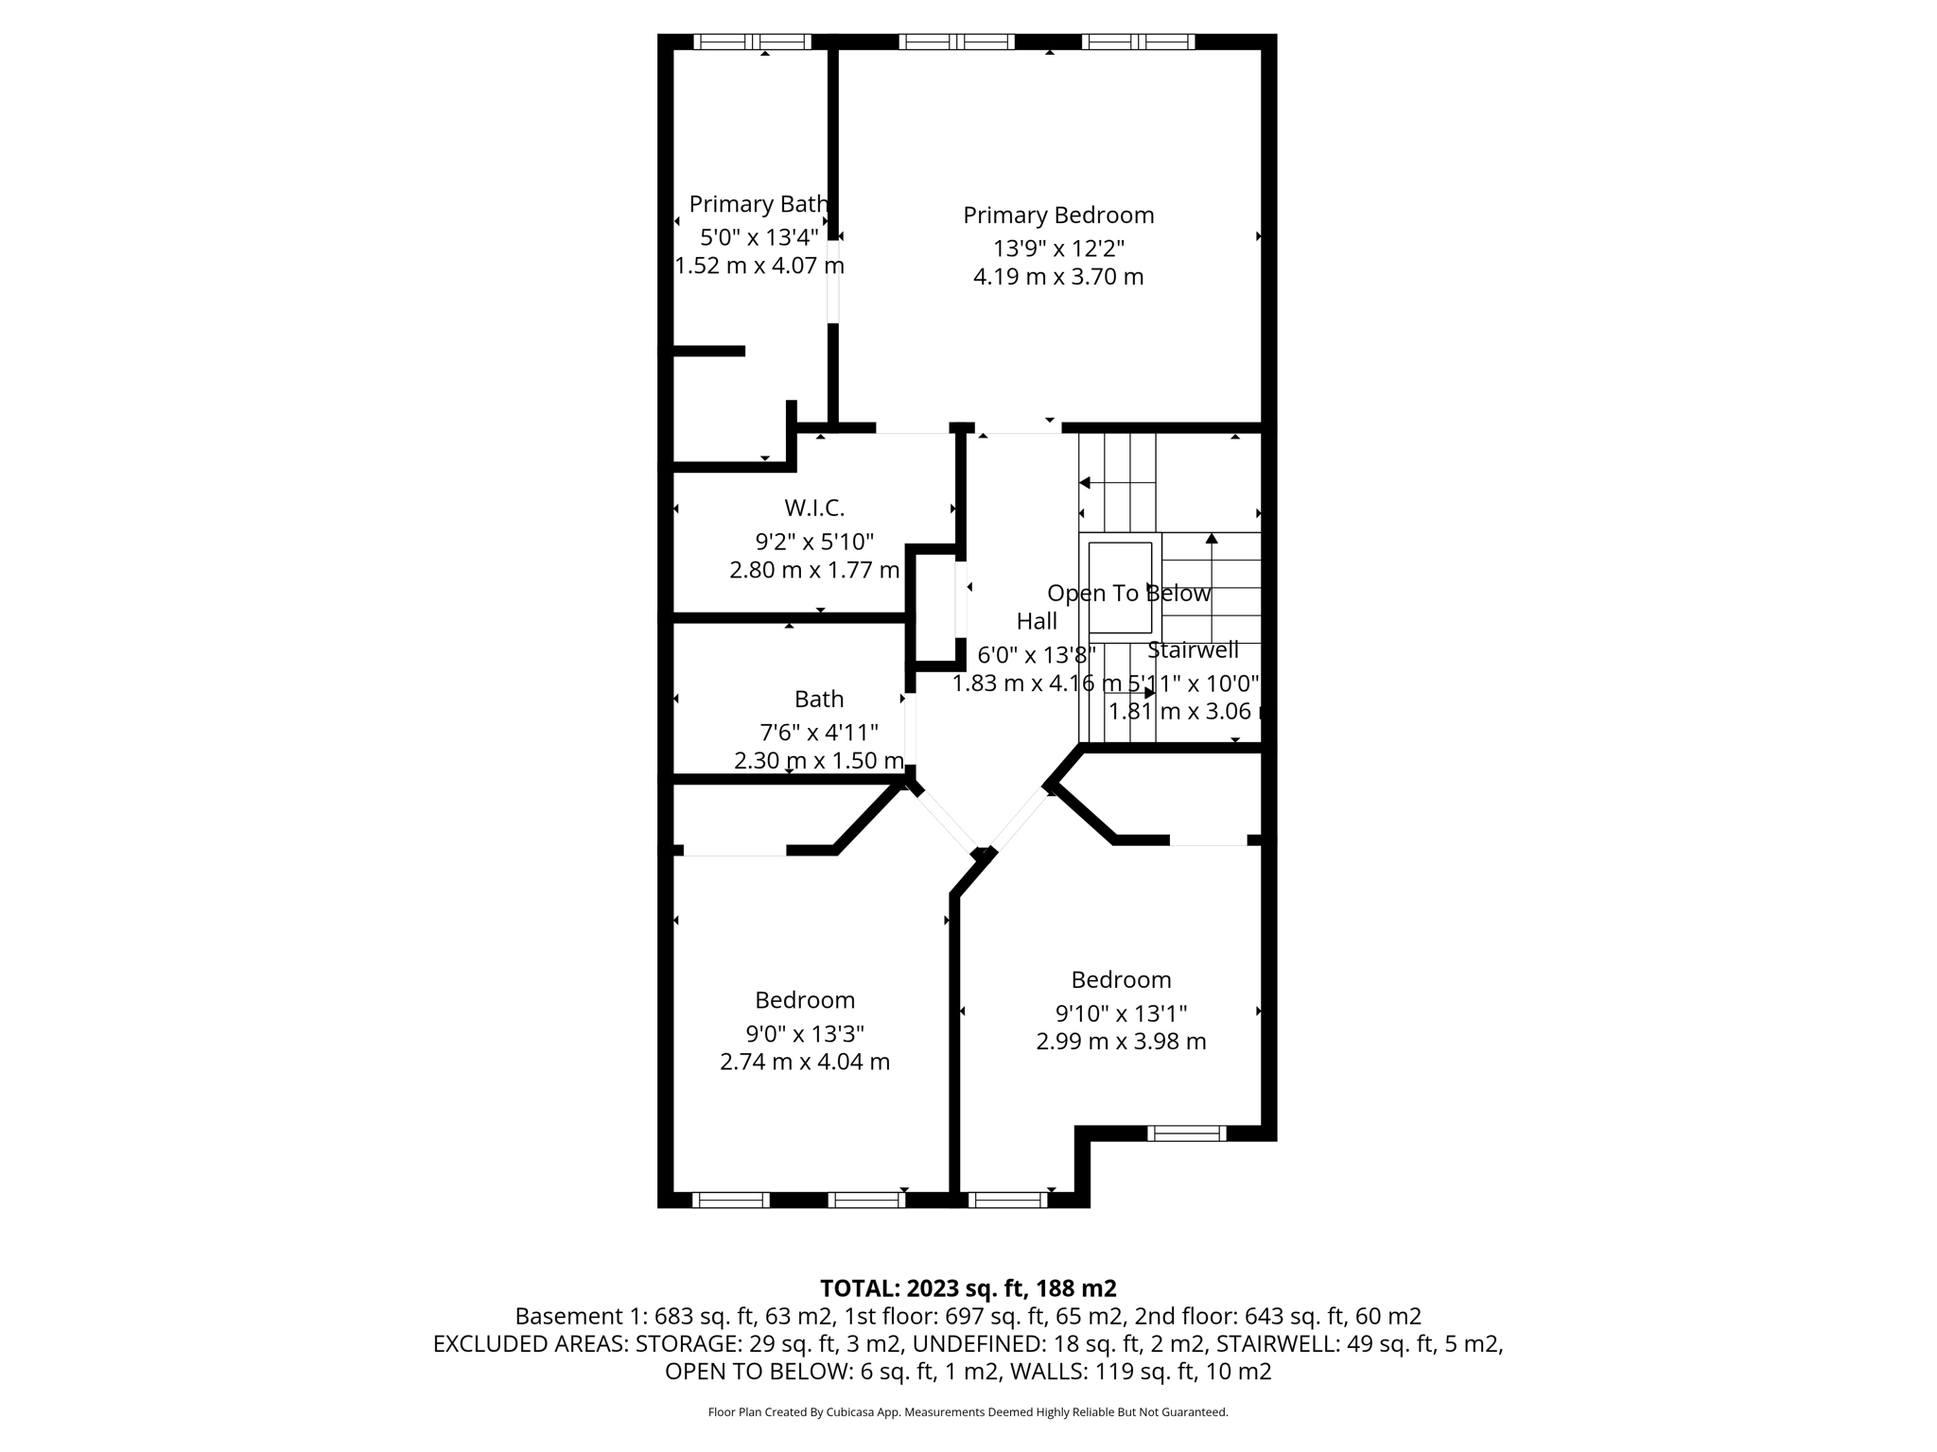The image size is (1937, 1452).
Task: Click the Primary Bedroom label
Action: [x=1058, y=216]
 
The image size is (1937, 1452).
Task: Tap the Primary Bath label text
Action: [x=759, y=204]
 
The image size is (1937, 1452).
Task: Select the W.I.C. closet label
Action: [x=814, y=509]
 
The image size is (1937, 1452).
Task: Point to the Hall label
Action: [x=1037, y=622]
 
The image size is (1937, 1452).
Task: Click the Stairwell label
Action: [x=1193, y=650]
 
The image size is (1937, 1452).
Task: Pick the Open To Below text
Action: [x=1128, y=594]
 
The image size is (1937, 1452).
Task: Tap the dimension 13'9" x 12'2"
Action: [x=1058, y=249]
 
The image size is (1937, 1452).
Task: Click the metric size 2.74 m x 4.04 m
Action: [x=805, y=1062]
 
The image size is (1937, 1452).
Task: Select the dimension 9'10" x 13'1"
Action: [x=1121, y=1013]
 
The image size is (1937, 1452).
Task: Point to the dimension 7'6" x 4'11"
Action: [x=819, y=733]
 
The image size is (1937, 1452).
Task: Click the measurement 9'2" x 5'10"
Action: [x=814, y=543]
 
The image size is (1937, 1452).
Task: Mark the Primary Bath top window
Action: [x=753, y=42]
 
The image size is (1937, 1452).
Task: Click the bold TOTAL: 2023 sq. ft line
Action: [x=968, y=1288]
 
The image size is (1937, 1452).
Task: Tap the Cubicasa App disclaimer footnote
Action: [x=968, y=1412]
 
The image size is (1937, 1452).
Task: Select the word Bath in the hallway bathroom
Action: [x=819, y=700]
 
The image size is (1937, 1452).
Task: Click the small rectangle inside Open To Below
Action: [x=1120, y=587]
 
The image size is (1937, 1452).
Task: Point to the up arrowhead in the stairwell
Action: [x=1212, y=539]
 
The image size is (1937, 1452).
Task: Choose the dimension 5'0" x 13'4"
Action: [x=759, y=237]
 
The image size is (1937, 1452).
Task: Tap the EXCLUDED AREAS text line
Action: [x=968, y=1344]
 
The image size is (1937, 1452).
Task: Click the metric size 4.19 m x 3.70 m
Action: [x=1058, y=277]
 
